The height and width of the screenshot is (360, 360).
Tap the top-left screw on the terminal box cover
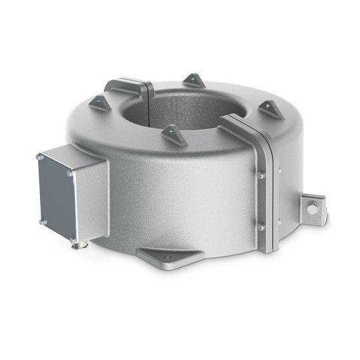click(40, 158)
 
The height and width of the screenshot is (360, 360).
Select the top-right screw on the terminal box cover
click(70, 173)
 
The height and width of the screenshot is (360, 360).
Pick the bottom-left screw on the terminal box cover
click(42, 222)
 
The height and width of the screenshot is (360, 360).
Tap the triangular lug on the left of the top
click(100, 102)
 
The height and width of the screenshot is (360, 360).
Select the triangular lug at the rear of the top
click(194, 80)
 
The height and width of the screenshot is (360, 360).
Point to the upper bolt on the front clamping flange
click(261, 176)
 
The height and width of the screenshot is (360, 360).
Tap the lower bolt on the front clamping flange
click(261, 227)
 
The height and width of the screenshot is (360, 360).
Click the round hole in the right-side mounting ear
click(312, 208)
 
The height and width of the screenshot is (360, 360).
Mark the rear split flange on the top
click(130, 87)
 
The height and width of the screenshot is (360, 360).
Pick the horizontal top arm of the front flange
click(240, 126)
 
